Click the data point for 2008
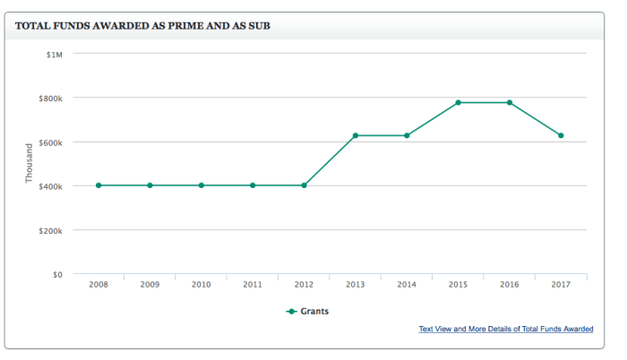tap(99, 185)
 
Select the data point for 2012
tap(305, 185)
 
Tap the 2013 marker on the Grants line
tap(356, 135)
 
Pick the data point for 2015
tap(459, 103)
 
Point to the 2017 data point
tap(561, 135)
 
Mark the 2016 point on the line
tap(510, 103)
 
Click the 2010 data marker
tap(202, 185)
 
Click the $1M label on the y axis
tap(55, 54)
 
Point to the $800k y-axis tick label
tap(50, 98)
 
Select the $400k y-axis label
tap(50, 186)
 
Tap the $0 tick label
tap(56, 274)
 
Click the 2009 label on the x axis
tap(150, 286)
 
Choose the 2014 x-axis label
tap(407, 286)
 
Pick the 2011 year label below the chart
tap(253, 286)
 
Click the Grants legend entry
tap(308, 312)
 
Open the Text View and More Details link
tap(505, 330)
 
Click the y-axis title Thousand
tap(30, 163)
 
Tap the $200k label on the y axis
tap(50, 230)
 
